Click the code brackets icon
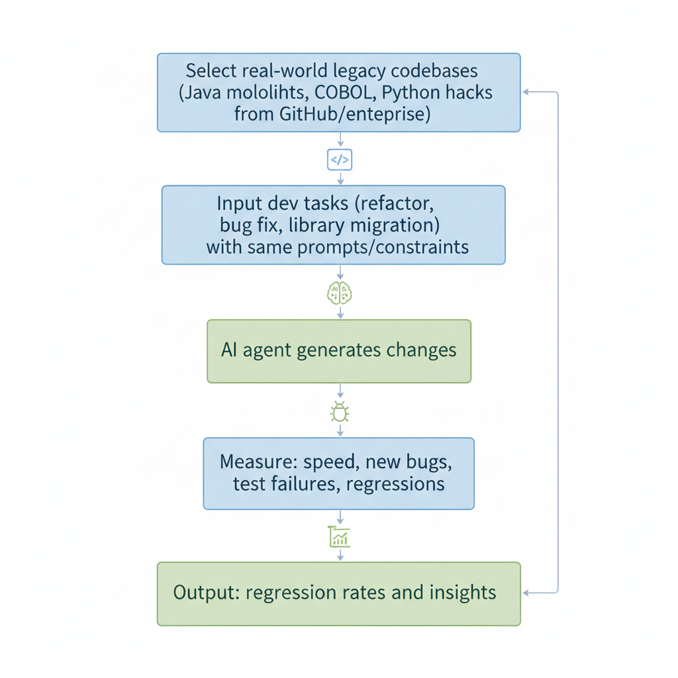339,160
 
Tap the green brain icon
339,293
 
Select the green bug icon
340,412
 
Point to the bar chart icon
339,536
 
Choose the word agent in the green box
267,350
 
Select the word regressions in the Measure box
395,483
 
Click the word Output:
206,592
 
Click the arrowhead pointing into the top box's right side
526,92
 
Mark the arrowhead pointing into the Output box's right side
526,593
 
